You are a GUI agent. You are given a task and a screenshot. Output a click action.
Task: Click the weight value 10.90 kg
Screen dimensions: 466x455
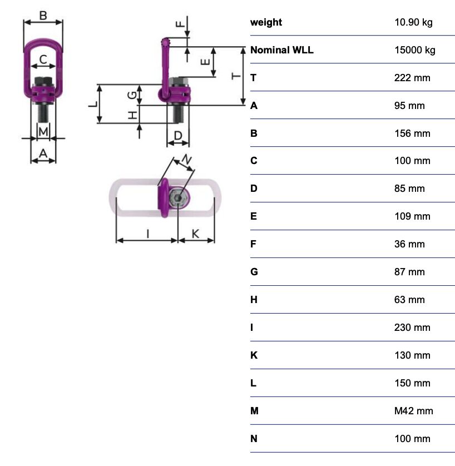click(x=413, y=22)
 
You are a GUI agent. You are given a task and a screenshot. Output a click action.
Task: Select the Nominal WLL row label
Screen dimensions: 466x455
click(x=282, y=50)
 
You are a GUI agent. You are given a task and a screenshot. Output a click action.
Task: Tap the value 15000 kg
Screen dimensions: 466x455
click(x=414, y=50)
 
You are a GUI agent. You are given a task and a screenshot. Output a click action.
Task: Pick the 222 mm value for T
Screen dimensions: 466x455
click(x=412, y=78)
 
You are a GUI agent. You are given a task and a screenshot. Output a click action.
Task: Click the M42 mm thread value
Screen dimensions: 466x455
click(x=413, y=411)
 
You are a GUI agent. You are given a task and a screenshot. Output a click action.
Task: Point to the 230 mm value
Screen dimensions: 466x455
click(x=412, y=328)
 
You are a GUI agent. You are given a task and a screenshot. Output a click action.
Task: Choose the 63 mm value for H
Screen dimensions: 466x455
click(x=409, y=300)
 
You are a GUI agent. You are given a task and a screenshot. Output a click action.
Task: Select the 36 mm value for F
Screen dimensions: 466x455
click(x=409, y=244)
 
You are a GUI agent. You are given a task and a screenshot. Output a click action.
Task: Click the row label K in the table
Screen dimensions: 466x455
click(x=254, y=355)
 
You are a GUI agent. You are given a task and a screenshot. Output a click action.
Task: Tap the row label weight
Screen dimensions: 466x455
click(x=266, y=22)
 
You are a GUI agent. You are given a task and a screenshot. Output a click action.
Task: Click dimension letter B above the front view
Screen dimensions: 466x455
click(x=43, y=16)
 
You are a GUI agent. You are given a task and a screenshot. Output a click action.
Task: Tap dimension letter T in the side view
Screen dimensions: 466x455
click(x=236, y=76)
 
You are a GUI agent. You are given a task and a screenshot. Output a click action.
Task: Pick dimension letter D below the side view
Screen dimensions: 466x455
click(x=178, y=135)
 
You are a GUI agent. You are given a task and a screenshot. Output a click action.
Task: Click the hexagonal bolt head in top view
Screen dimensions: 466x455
click(x=177, y=199)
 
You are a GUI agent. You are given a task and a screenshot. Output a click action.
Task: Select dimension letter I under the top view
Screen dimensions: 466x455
click(x=147, y=234)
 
